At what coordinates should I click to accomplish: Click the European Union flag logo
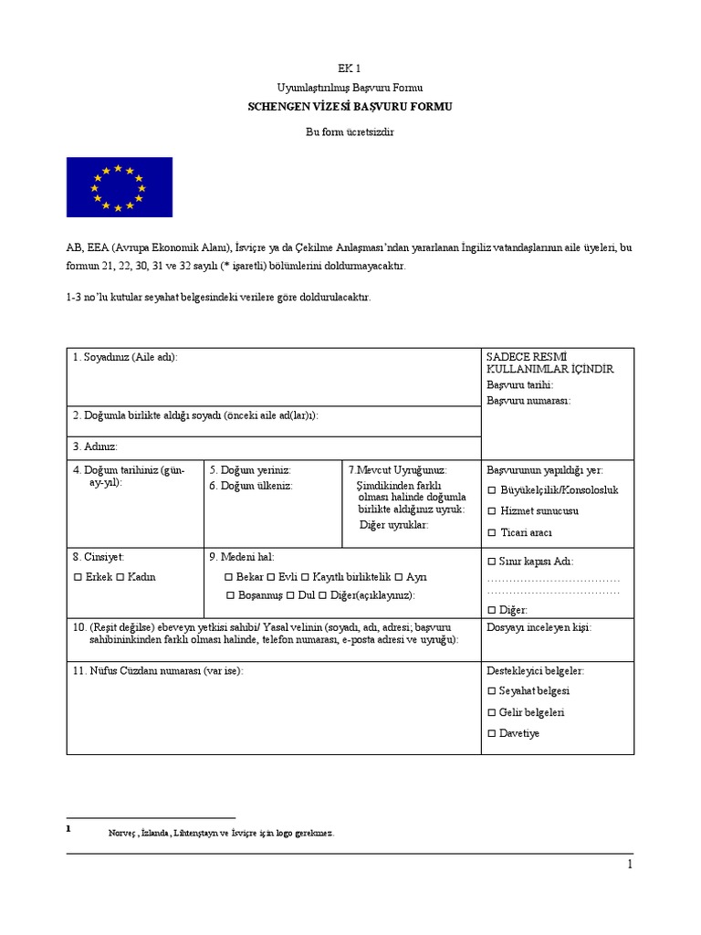(119, 186)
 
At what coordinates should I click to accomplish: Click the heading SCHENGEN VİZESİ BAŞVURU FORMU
(350, 107)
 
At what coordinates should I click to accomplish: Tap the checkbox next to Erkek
(78, 577)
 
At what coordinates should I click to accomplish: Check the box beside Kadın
(121, 577)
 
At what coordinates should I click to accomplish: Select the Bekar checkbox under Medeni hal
(228, 577)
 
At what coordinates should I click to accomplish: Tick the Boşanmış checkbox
(231, 595)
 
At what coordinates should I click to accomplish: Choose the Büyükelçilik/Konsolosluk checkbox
(492, 490)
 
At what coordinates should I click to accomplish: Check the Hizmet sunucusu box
(492, 511)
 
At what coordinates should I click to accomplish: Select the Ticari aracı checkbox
(492, 532)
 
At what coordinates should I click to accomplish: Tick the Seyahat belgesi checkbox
(492, 691)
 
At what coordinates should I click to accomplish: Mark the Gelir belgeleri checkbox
(492, 712)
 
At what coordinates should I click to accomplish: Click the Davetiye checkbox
(492, 733)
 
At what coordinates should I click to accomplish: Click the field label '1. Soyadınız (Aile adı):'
(125, 357)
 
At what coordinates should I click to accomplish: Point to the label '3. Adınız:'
(95, 446)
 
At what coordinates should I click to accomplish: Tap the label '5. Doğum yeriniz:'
(249, 469)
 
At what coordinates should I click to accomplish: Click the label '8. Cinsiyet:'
(99, 556)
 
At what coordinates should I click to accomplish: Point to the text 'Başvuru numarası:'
(528, 400)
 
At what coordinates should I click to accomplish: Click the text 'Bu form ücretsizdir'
(350, 131)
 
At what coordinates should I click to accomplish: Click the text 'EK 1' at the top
(350, 68)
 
